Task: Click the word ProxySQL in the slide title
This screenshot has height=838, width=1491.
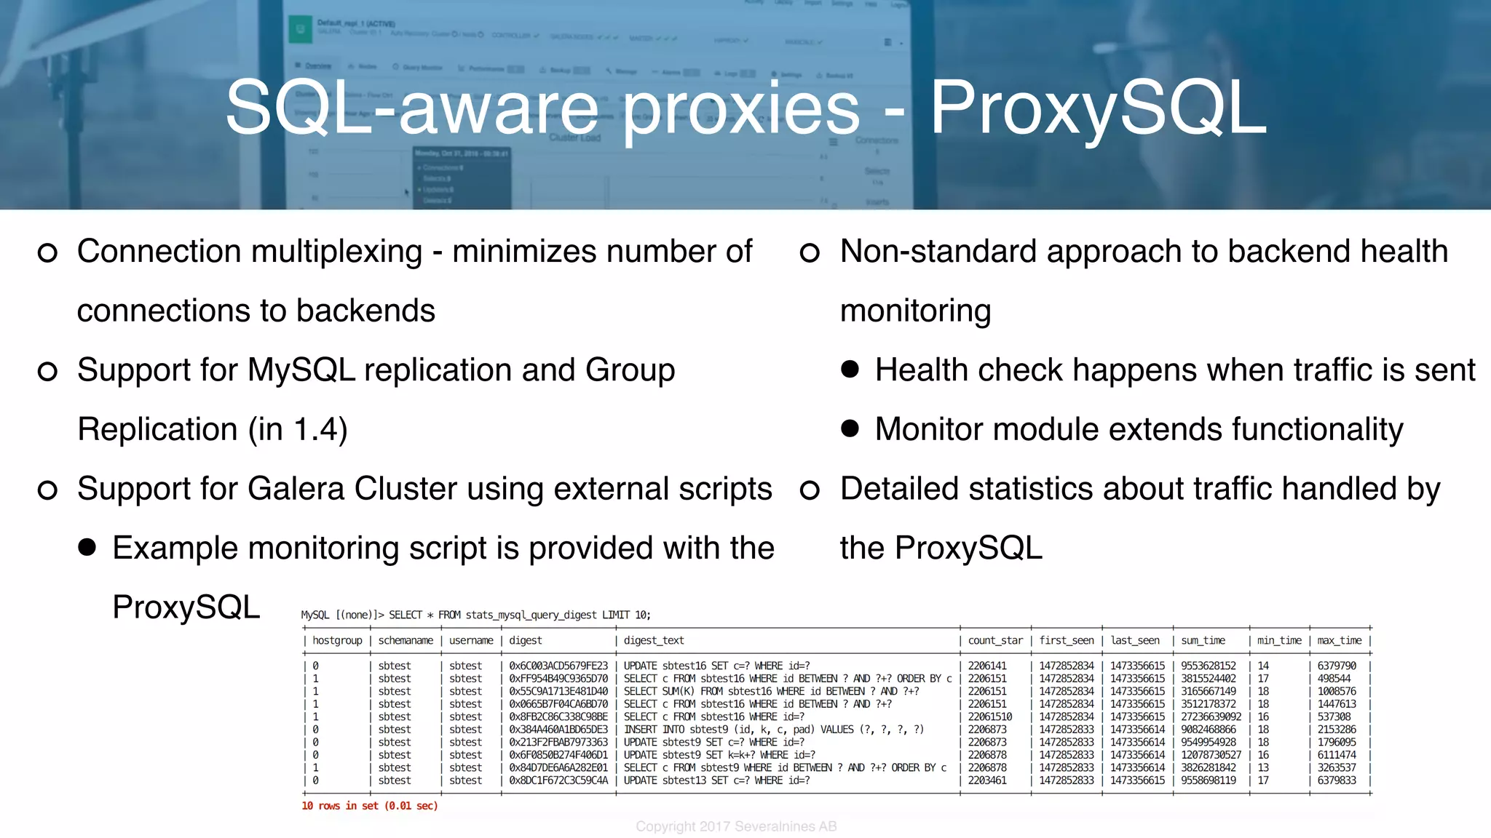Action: (x=1098, y=108)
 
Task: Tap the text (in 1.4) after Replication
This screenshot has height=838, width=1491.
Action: (x=298, y=429)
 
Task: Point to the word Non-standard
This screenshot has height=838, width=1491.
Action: (x=937, y=252)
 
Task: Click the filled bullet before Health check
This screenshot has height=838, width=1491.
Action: (x=850, y=369)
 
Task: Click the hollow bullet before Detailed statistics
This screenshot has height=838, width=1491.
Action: (x=810, y=490)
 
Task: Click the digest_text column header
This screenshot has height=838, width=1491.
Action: (x=653, y=640)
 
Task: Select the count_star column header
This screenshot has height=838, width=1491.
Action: (x=994, y=640)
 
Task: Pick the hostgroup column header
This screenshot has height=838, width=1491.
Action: (x=337, y=640)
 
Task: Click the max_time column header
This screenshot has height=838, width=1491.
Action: (x=1339, y=640)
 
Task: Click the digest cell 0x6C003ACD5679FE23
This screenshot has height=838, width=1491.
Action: (x=558, y=666)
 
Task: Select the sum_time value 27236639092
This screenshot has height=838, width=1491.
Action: (x=1211, y=717)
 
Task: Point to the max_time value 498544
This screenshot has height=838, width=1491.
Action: (x=1334, y=678)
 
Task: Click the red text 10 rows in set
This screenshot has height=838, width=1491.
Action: (x=369, y=806)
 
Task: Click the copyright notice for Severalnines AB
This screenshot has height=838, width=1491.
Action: (x=736, y=826)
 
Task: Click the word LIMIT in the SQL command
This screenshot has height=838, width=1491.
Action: (x=616, y=615)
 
